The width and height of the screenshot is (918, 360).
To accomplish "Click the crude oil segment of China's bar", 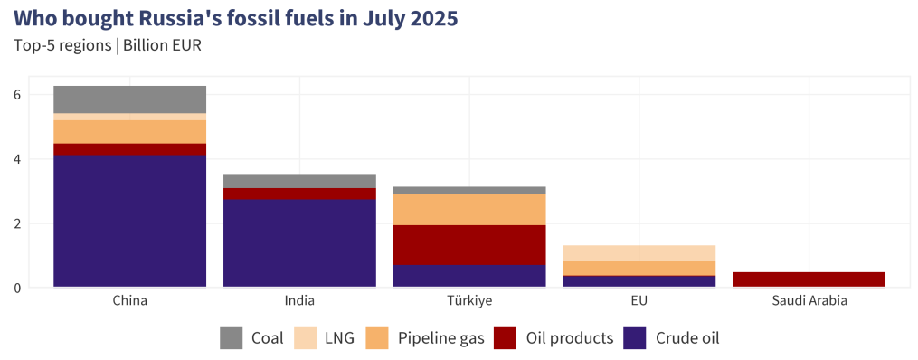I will [x=129, y=221].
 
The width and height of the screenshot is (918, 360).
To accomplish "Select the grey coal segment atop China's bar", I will [x=129, y=99].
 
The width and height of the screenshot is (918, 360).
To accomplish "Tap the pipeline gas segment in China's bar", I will [x=129, y=132].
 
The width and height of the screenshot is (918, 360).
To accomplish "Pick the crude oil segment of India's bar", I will [x=299, y=243].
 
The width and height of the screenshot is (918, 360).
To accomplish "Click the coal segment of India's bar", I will [x=299, y=181].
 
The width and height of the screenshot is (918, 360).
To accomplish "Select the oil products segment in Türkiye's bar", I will [x=469, y=245].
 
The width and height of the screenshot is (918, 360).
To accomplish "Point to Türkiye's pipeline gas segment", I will [x=469, y=210].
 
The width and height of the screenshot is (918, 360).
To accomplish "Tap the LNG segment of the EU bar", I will [x=639, y=252].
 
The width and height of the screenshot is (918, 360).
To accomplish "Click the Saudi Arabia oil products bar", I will [x=809, y=279].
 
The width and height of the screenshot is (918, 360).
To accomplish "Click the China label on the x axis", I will [x=129, y=300].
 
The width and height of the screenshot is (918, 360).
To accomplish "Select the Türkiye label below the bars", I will [x=469, y=300].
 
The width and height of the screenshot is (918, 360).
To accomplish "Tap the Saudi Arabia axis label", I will [x=809, y=300].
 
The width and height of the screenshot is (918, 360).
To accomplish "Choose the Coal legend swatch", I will [x=232, y=338].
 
